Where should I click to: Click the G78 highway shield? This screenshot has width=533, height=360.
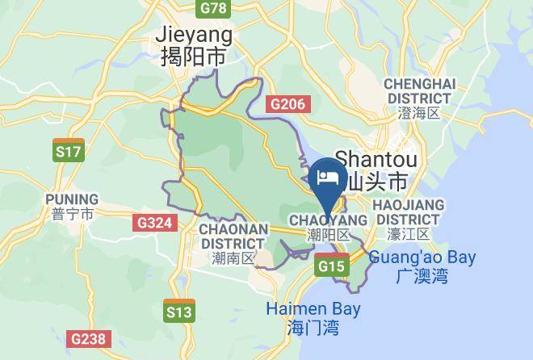[x=213, y=7]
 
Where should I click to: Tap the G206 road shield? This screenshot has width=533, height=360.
[x=287, y=103]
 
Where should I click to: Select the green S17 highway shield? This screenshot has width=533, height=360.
[x=68, y=150]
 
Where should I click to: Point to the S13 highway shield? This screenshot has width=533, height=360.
[x=178, y=311]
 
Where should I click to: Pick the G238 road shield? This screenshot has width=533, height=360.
[x=87, y=340]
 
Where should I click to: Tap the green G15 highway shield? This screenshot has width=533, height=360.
[x=332, y=266]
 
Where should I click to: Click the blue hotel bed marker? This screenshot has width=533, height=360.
[x=329, y=178]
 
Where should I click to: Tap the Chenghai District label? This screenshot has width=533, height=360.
[x=420, y=91]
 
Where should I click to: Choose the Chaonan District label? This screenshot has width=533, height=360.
[x=233, y=235]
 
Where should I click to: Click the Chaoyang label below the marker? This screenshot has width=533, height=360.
[x=328, y=220]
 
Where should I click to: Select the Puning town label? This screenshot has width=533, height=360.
[x=72, y=199]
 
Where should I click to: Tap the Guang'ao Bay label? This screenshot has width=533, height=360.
[x=422, y=258]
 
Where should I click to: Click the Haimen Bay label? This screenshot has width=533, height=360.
[x=313, y=309]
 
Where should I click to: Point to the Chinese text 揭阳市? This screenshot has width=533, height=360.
[x=194, y=57]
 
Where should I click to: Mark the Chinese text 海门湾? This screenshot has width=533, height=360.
[x=313, y=328]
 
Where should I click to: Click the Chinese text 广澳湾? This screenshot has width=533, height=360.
[x=422, y=277]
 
